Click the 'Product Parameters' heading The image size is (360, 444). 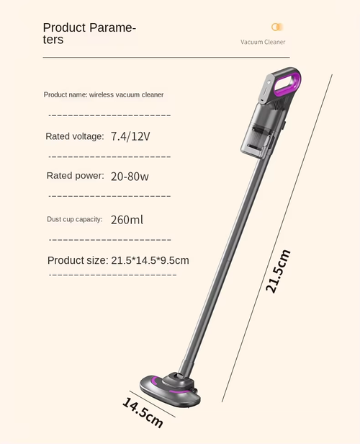89,34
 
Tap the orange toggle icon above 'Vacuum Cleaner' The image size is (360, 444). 276,27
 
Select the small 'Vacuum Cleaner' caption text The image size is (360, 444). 263,42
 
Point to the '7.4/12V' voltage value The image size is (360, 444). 130,136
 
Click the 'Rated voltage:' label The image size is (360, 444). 75,136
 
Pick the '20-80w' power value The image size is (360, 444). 130,176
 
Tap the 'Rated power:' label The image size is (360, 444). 76,176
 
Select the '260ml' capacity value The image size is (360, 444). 127,219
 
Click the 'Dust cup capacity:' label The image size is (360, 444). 74,219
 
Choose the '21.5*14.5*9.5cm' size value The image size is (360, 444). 150,260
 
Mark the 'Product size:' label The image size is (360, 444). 77,260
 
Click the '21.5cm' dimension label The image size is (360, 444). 278,270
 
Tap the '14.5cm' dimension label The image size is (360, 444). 143,412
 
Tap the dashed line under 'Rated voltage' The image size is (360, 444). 109,156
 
